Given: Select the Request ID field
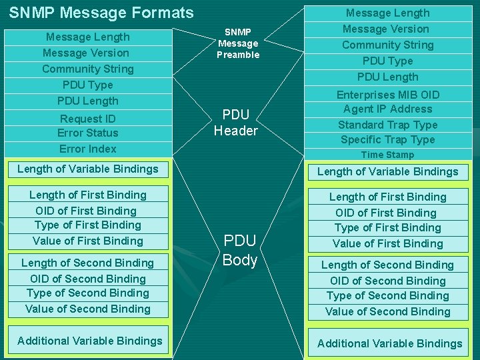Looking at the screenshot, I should coord(87,119).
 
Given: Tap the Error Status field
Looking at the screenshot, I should coord(87,133).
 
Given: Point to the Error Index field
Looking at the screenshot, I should coord(87,149).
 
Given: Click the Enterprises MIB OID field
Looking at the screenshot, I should coord(387,95).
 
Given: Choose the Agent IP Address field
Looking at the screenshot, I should coord(387,109).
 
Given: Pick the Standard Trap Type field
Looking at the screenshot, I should coord(387,125).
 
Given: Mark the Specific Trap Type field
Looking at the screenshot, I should coord(387,139).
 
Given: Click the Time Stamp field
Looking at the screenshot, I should coord(387,155).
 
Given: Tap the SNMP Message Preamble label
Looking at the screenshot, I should coord(238,43).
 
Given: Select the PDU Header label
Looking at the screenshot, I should coord(235,123).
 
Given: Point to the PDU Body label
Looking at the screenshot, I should coord(240,250).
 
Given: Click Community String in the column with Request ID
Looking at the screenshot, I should coord(87,69).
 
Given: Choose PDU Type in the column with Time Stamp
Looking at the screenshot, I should coord(387,61).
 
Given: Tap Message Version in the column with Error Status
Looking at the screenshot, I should coord(86,53).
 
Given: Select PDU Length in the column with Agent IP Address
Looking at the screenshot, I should coord(387,77).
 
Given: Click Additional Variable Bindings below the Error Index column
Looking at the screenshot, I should coord(90,341).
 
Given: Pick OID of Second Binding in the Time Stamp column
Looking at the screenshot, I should coord(387,281).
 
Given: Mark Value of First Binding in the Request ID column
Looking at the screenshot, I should coord(87,241).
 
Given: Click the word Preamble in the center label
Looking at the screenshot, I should coord(238,55).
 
